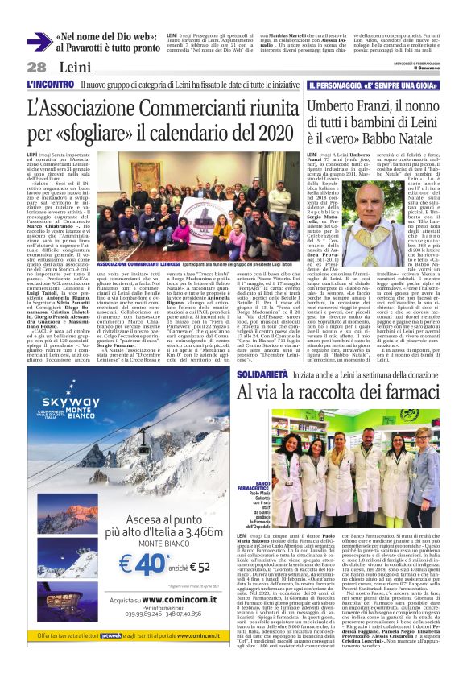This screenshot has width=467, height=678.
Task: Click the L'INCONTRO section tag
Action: coord(50,84)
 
